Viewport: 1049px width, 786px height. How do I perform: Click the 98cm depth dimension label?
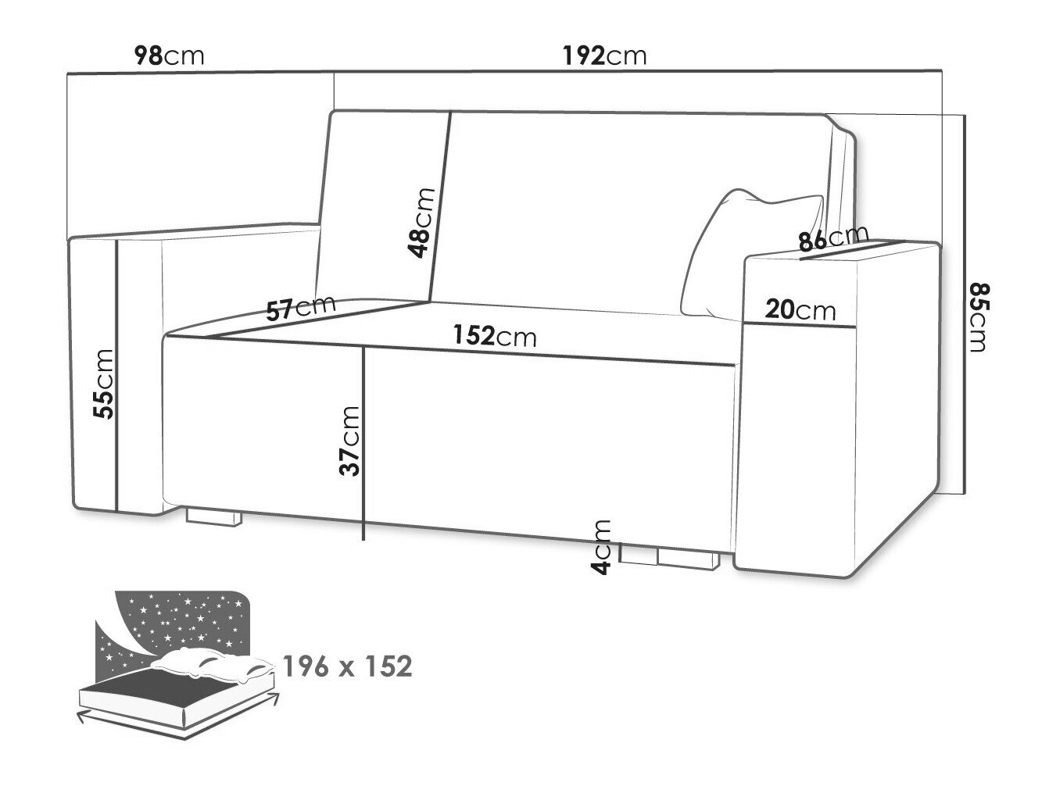coord(169,56)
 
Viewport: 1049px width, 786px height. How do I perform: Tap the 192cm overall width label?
coord(604,56)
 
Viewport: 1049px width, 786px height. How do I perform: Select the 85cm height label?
coord(978,318)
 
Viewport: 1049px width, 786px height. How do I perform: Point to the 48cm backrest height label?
coord(421,223)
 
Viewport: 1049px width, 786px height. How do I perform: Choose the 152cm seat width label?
coord(495,335)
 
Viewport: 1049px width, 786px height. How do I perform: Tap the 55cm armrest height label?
coord(104,384)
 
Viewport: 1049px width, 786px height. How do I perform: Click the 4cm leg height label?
coord(601,547)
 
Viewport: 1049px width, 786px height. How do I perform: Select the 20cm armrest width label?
coord(800,310)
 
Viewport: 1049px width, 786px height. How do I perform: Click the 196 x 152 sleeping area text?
coord(347,666)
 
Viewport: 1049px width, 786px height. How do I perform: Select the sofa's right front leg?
coord(689,560)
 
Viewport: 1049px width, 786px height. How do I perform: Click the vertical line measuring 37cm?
coord(364,444)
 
